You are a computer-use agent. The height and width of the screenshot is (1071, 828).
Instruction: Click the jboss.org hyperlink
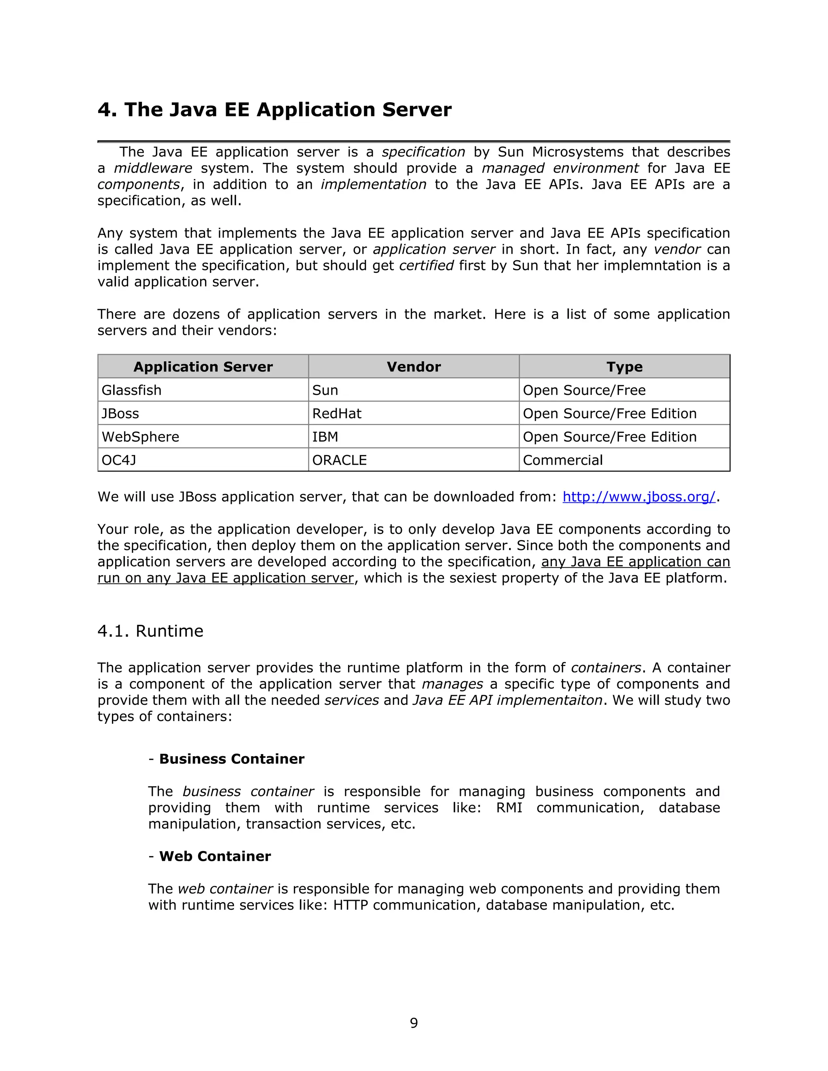(x=639, y=497)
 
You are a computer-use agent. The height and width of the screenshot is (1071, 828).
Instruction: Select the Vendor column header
(x=414, y=367)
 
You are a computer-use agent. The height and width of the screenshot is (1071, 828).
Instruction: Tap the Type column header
(x=624, y=367)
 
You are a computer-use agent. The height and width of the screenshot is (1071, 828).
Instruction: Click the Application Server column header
(x=203, y=367)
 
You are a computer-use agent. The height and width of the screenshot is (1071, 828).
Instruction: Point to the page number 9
(x=414, y=1023)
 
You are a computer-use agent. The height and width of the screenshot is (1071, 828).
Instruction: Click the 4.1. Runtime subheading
(x=150, y=631)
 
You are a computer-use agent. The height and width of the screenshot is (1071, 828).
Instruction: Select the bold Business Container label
(x=232, y=759)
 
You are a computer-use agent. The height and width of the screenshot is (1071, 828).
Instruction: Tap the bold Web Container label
(x=215, y=856)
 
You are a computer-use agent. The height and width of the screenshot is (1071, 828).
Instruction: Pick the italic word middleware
(x=153, y=168)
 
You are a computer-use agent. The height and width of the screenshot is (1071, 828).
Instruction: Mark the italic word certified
(x=426, y=266)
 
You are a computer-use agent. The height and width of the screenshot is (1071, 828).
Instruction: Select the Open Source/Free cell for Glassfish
(x=584, y=390)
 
